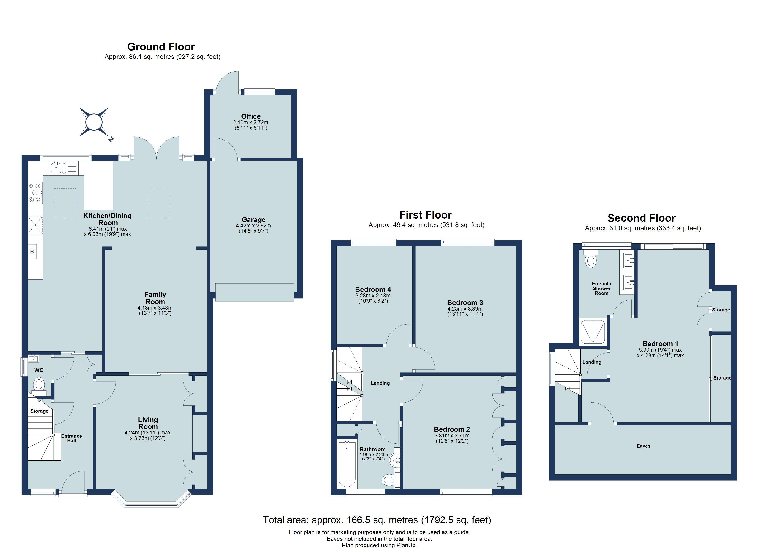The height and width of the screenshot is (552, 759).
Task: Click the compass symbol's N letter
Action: pyautogui.click(x=111, y=139)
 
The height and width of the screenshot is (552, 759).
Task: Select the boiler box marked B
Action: pyautogui.click(x=32, y=251)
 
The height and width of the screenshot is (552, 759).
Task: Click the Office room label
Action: pyautogui.click(x=251, y=116)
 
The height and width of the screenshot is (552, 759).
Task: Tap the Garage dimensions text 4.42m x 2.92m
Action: pyautogui.click(x=253, y=226)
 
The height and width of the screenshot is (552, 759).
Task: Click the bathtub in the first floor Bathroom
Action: pyautogui.click(x=347, y=464)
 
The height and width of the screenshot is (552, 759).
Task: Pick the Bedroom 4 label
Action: pyautogui.click(x=373, y=289)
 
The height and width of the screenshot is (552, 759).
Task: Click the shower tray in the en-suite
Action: pyautogui.click(x=593, y=331)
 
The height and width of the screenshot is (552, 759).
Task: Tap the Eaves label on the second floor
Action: pyautogui.click(x=643, y=446)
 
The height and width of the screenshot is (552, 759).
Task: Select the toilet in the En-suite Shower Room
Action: pyautogui.click(x=591, y=259)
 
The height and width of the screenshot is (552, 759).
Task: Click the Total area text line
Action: pyautogui.click(x=377, y=520)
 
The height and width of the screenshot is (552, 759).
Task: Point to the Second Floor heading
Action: pyautogui.click(x=641, y=218)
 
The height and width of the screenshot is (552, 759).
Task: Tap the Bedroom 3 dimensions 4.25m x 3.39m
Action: pyautogui.click(x=465, y=309)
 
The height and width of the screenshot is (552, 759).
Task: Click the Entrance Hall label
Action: pyautogui.click(x=71, y=438)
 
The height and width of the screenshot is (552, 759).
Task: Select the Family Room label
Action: pyautogui.click(x=155, y=298)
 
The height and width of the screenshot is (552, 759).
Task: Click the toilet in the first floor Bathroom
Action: pyautogui.click(x=388, y=480)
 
